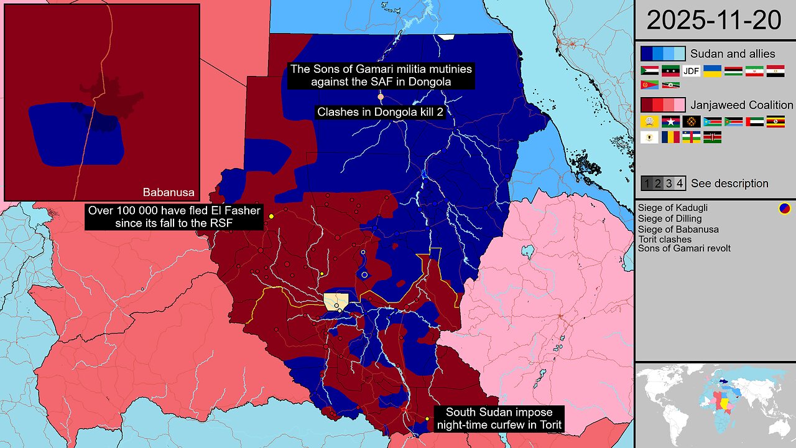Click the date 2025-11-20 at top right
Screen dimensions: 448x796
tap(714, 20)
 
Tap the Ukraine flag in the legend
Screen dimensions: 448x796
tap(712, 71)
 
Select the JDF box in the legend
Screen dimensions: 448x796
tap(692, 71)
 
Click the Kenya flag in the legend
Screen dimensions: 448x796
tap(712, 137)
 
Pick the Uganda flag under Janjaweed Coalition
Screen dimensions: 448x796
tap(775, 122)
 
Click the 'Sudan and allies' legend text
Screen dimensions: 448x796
tap(733, 54)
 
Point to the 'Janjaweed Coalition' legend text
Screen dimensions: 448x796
tap(742, 105)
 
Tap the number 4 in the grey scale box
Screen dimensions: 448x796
tap(680, 184)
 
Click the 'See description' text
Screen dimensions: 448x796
tap(729, 184)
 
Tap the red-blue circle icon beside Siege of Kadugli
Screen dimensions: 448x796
tap(784, 208)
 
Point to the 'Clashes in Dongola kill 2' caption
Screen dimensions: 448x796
tap(380, 113)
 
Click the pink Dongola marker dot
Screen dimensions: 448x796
tap(381, 97)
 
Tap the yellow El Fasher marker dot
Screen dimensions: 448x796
tap(271, 217)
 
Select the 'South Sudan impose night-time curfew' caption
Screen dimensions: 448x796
tap(499, 418)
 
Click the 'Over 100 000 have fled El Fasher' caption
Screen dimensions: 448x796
tap(174, 217)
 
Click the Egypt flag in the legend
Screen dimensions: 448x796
tap(775, 71)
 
